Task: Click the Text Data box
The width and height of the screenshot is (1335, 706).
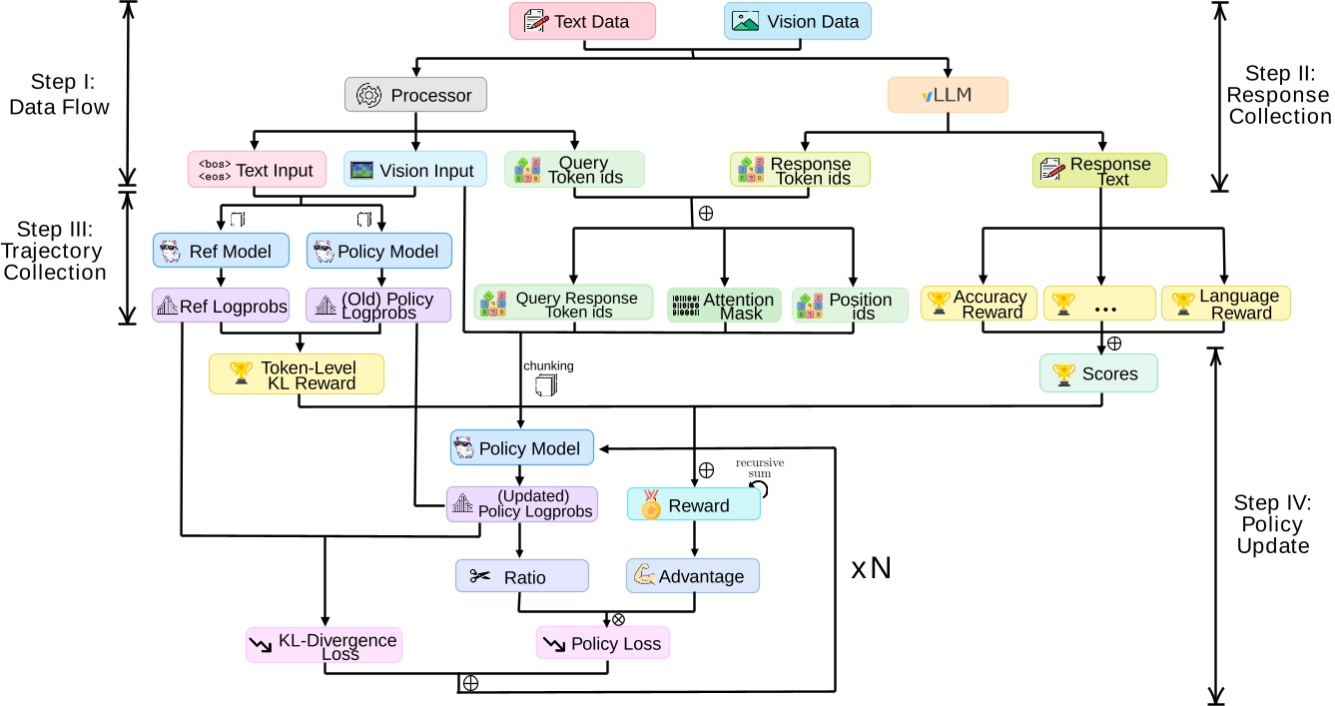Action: pyautogui.click(x=582, y=21)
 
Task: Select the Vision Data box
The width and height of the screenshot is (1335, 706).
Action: pyautogui.click(x=797, y=21)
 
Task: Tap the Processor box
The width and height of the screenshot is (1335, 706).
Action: pyautogui.click(x=415, y=95)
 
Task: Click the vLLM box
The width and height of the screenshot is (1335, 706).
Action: pyautogui.click(x=948, y=95)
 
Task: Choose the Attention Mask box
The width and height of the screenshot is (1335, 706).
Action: pyautogui.click(x=724, y=306)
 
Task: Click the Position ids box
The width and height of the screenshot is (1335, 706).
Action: pyautogui.click(x=851, y=306)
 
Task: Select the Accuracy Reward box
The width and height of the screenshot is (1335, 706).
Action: pyautogui.click(x=978, y=305)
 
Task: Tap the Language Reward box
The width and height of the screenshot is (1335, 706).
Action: pyautogui.click(x=1225, y=305)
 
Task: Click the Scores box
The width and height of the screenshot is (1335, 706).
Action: pyautogui.click(x=1098, y=372)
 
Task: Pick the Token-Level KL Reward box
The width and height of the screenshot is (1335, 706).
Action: pyautogui.click(x=296, y=374)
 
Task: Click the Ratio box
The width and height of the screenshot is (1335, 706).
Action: pyautogui.click(x=521, y=576)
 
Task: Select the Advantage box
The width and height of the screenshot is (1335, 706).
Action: pyautogui.click(x=692, y=576)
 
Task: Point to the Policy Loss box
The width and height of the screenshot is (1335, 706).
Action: pyautogui.click(x=602, y=643)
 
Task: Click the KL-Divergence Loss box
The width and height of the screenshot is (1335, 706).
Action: pyautogui.click(x=323, y=644)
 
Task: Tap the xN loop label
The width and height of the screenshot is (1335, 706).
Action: pyautogui.click(x=871, y=569)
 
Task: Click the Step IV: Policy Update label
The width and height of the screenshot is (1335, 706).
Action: pyautogui.click(x=1273, y=523)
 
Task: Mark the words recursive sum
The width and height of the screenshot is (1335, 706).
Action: pyautogui.click(x=760, y=468)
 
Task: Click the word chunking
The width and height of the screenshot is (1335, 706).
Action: pyautogui.click(x=548, y=365)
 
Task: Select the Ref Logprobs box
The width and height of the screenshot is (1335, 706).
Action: pyautogui.click(x=220, y=308)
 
